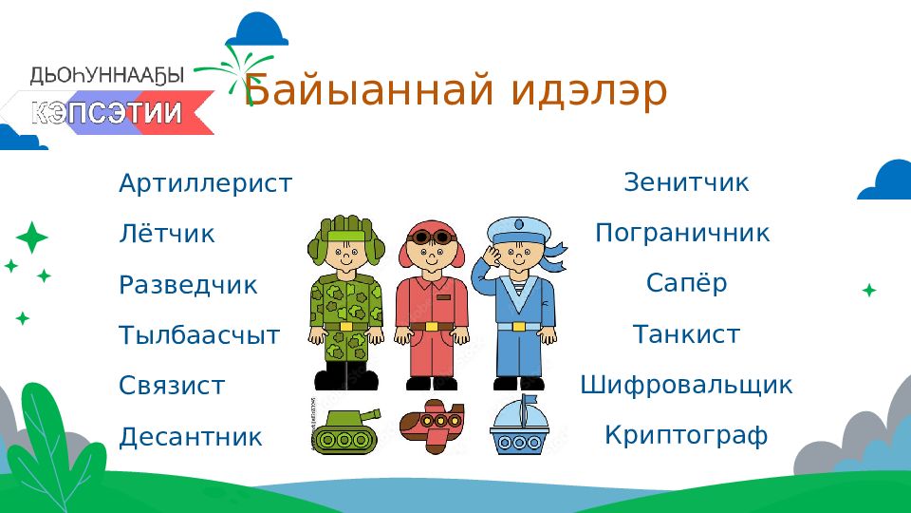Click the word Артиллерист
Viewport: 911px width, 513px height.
[x=206, y=183]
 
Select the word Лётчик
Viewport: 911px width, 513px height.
[x=167, y=234]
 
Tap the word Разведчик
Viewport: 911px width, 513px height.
[x=188, y=286]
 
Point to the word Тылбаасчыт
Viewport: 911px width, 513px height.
[x=199, y=335]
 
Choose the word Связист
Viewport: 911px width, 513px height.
[x=172, y=386]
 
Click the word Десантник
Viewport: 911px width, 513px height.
[x=191, y=437]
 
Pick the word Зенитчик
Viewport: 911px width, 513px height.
[x=687, y=182]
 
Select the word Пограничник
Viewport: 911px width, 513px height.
[x=682, y=234]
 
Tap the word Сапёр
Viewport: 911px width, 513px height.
[x=687, y=283]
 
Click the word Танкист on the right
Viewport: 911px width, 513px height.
[x=686, y=334]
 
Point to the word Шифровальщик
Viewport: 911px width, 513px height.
[x=686, y=386]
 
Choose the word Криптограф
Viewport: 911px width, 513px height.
[x=686, y=436]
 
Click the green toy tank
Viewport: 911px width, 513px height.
[x=346, y=430]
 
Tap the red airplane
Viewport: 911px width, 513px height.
[x=433, y=426]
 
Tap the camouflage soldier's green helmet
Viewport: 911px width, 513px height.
[x=346, y=234]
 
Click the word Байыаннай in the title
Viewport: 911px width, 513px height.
[x=369, y=89]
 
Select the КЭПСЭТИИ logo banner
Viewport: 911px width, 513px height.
[x=107, y=112]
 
